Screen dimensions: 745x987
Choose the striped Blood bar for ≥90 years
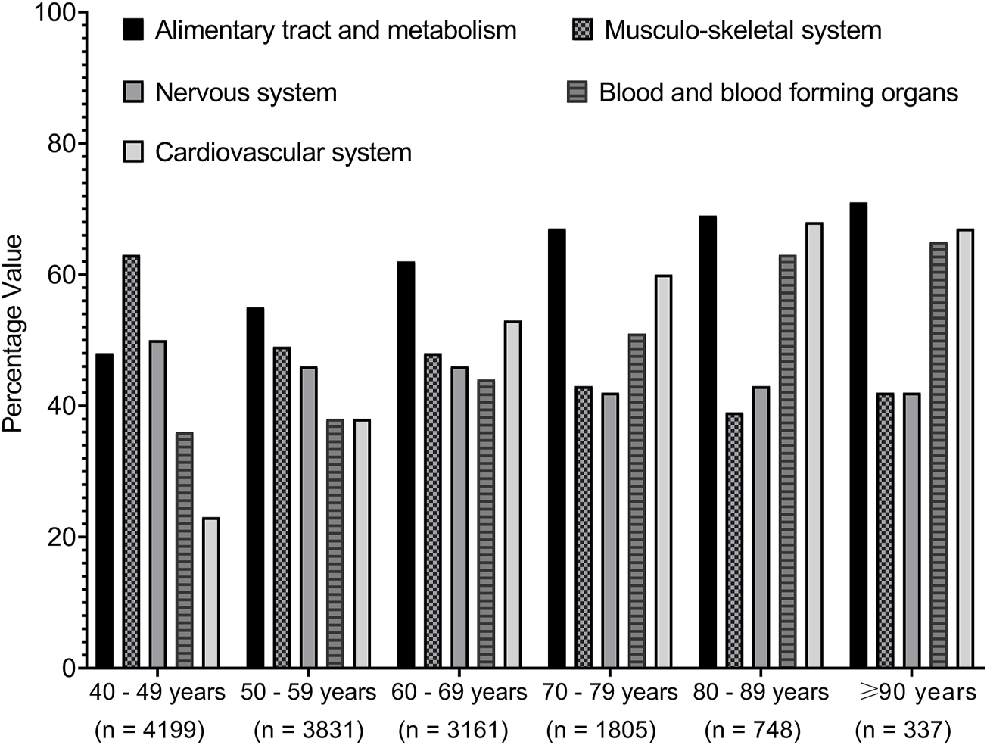tap(939, 455)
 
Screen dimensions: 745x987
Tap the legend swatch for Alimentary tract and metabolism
tap(133, 30)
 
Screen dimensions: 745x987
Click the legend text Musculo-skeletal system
tap(743, 30)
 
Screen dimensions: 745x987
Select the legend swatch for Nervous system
tap(133, 92)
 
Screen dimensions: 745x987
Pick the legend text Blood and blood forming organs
tap(778, 92)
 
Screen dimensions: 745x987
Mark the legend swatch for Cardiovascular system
tap(133, 152)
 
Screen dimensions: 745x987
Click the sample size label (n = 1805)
tap(600, 730)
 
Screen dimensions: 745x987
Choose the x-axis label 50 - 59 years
tap(308, 692)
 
